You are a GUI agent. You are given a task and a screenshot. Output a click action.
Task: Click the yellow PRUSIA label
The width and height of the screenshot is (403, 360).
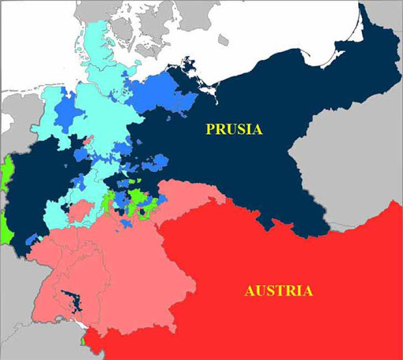tap(235, 128)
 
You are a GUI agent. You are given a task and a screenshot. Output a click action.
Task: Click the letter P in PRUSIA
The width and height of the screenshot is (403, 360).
tap(211, 128)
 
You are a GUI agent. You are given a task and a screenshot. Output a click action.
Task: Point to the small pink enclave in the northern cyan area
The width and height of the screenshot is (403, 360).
tap(87, 140)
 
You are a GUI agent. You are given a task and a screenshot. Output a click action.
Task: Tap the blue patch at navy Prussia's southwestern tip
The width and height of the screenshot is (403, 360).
tap(31, 237)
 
